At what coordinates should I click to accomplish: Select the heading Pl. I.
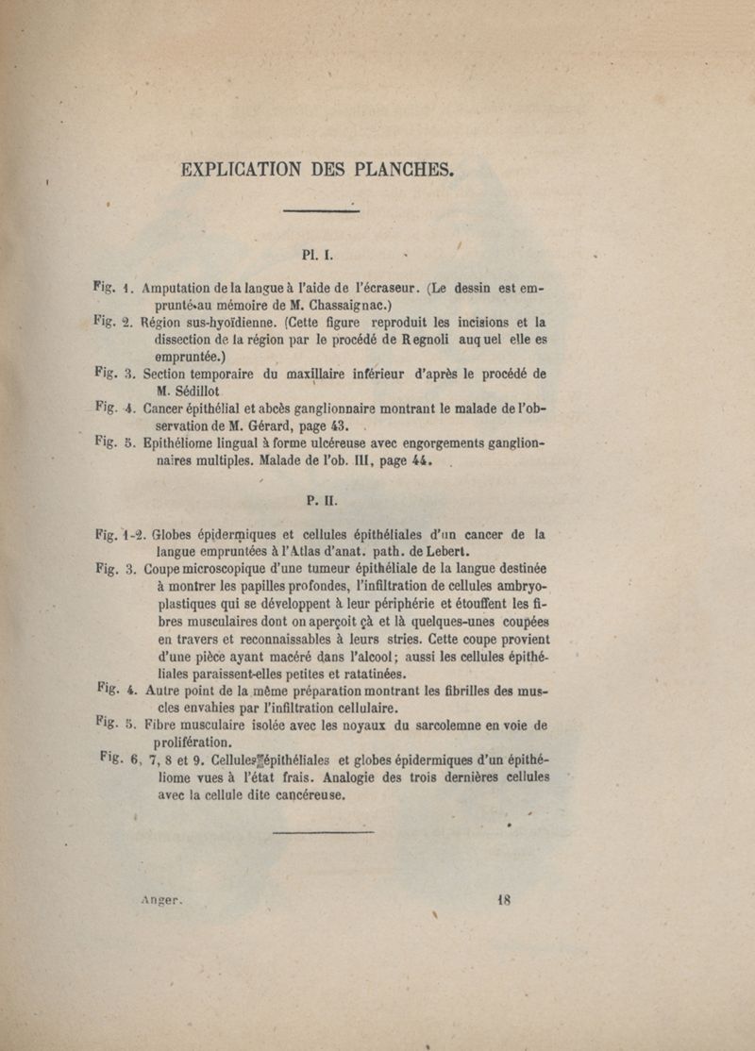coord(314,254)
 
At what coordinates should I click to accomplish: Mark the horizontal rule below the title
coord(321,210)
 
